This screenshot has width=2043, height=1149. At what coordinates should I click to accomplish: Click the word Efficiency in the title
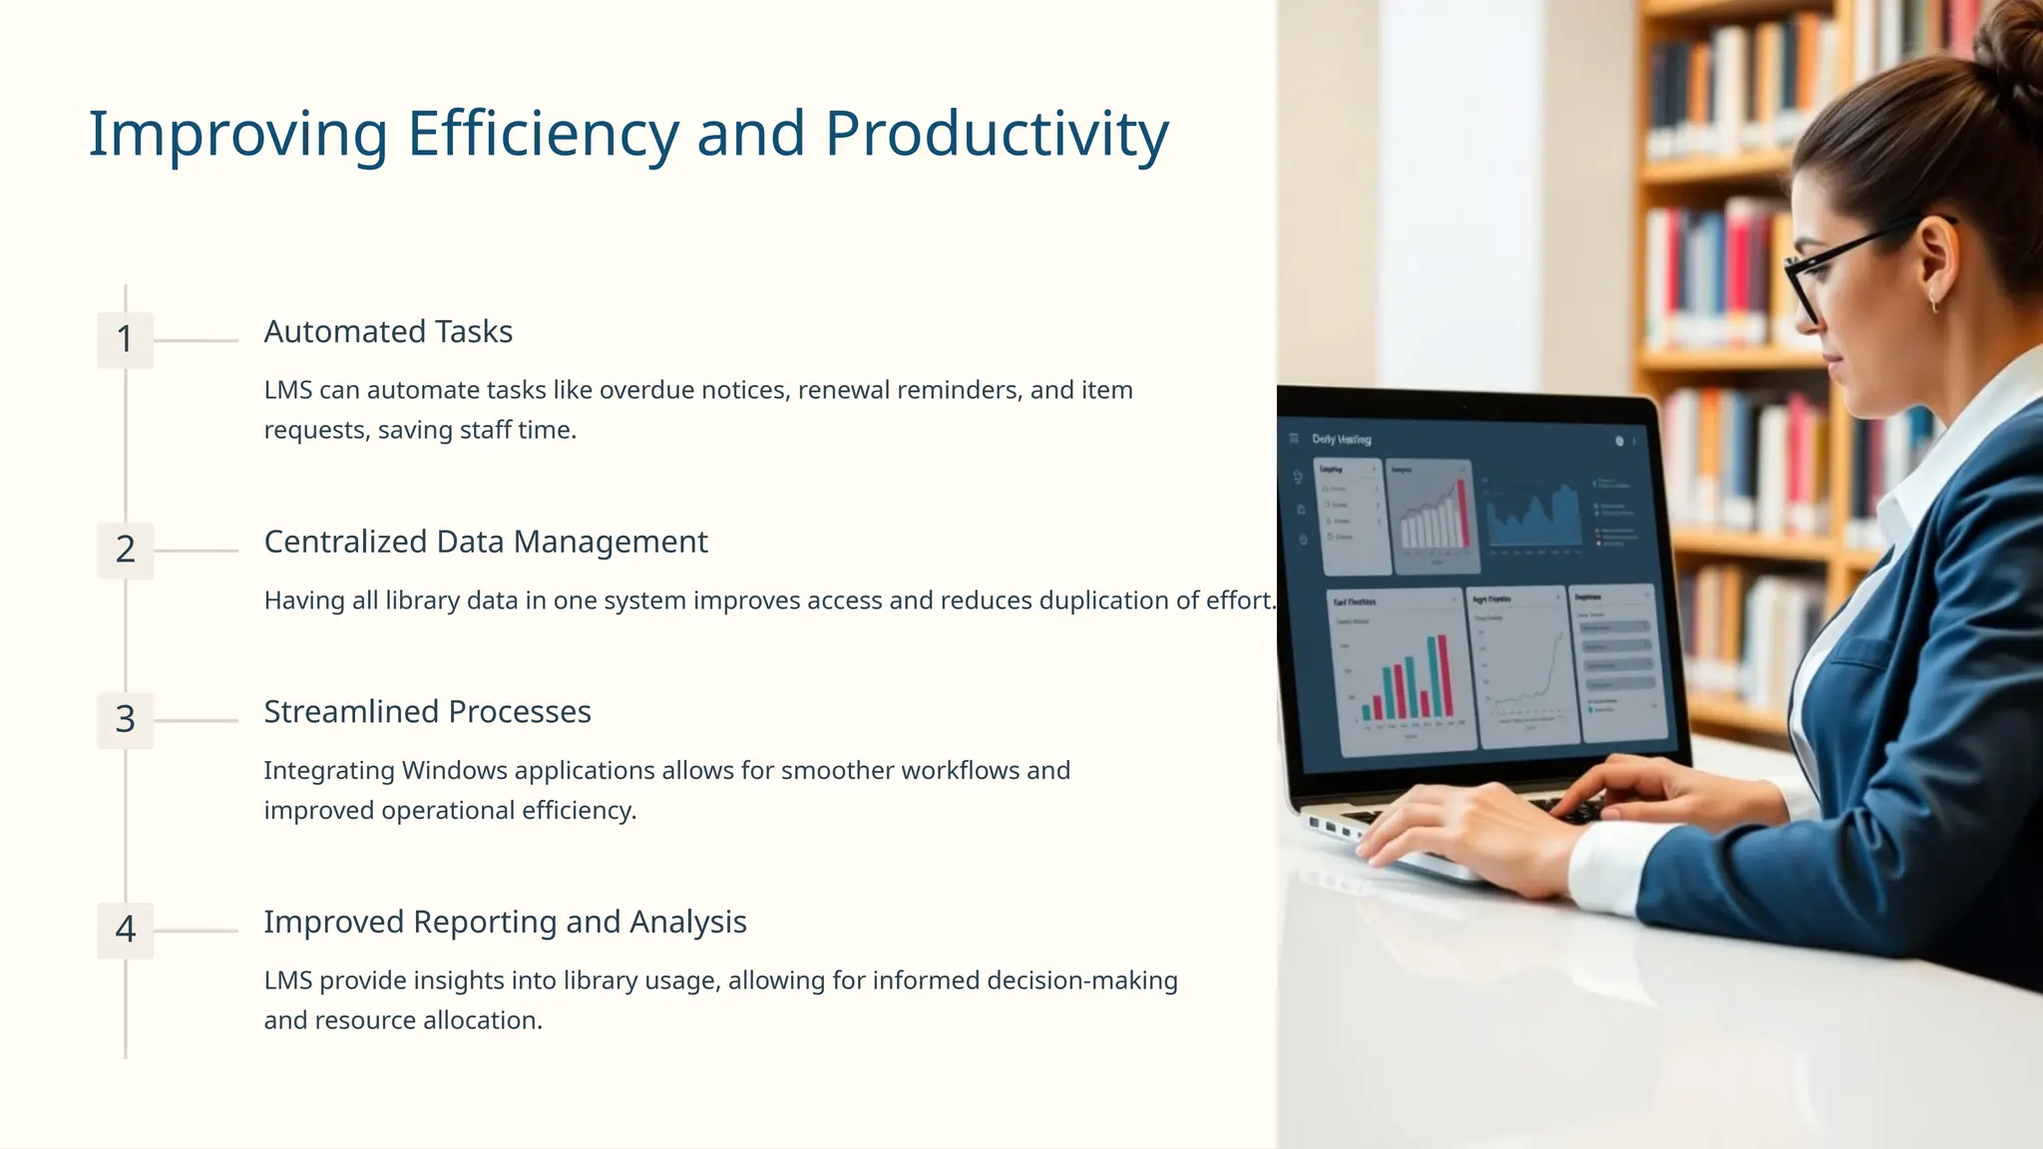(x=543, y=135)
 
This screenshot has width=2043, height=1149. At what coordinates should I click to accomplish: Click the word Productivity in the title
(x=996, y=135)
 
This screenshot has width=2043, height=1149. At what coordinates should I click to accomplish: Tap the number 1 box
(x=126, y=340)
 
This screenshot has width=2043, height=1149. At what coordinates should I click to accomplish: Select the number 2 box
(x=126, y=550)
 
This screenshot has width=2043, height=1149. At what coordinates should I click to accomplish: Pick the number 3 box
(x=126, y=720)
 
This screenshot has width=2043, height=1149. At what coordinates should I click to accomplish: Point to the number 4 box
(x=126, y=930)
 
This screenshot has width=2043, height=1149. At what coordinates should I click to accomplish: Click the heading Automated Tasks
(x=388, y=332)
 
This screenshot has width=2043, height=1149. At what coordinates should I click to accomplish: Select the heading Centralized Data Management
(x=485, y=543)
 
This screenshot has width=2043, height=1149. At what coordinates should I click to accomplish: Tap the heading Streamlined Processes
(x=427, y=712)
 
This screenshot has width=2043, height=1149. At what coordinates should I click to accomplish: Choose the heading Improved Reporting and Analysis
(x=505, y=923)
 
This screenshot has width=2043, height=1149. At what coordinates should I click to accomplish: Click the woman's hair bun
(x=2010, y=50)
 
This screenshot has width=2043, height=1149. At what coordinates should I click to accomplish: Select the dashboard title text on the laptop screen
(x=1341, y=439)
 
